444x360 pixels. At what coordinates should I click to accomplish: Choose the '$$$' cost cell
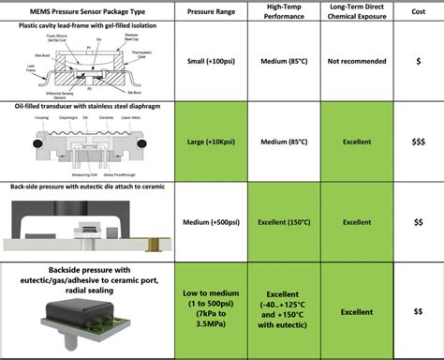[x=418, y=142]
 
